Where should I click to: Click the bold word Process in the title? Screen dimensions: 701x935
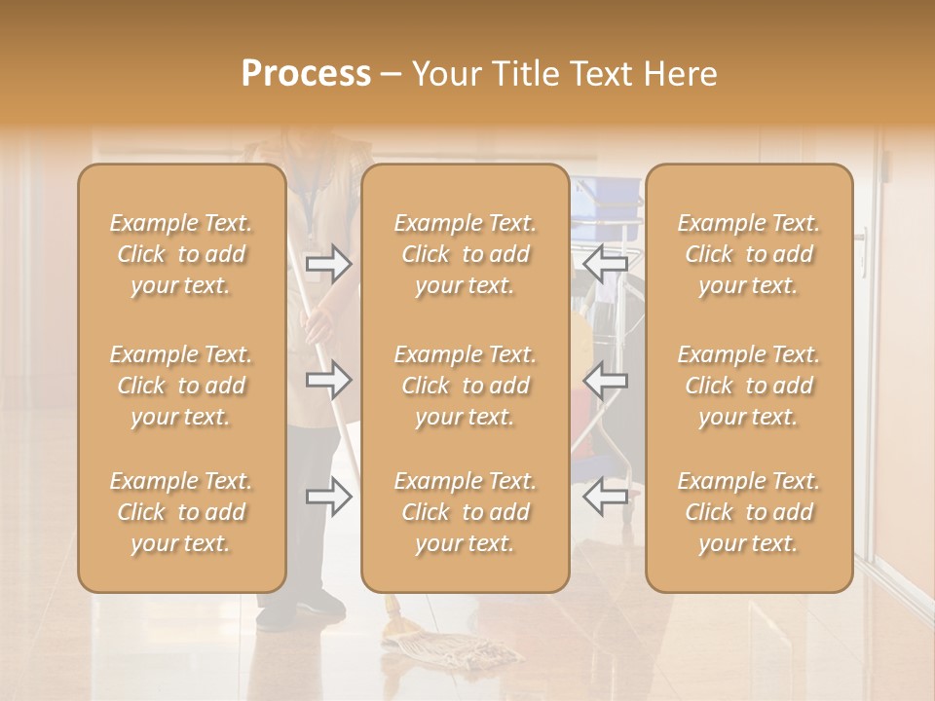coord(306,74)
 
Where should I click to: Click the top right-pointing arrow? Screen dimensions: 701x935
coord(329,262)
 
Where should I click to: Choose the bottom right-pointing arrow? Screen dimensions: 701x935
coord(329,497)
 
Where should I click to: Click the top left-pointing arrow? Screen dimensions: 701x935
coord(605,262)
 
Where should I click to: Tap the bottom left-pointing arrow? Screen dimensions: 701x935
coord(605,497)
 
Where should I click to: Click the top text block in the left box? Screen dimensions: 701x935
coord(181,254)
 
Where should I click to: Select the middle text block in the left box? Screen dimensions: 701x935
coord(181,386)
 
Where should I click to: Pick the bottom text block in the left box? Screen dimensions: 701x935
coord(181,512)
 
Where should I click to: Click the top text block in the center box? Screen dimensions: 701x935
coord(466,254)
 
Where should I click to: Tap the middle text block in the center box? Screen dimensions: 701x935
coord(466,386)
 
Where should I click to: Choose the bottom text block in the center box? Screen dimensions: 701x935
coord(466,512)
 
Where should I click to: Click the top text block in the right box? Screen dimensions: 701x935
coord(749,254)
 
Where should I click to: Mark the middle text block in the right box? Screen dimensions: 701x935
coord(749,386)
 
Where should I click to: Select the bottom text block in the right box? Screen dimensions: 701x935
coord(749,512)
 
